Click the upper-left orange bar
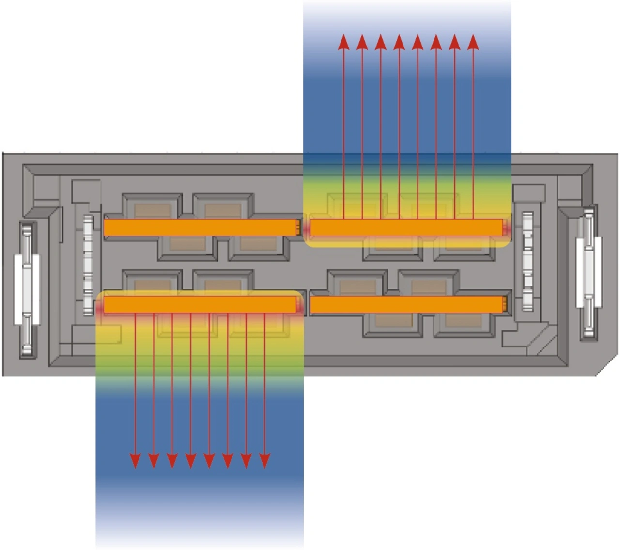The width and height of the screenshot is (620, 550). (200, 227)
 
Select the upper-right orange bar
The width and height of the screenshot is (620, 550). (406, 227)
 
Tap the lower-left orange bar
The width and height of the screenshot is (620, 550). (200, 305)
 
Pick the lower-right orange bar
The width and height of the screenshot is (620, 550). (406, 304)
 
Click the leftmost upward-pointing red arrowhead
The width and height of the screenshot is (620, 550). (343, 42)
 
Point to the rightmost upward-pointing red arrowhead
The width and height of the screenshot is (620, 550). (473, 42)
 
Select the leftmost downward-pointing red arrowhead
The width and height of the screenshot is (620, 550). (135, 460)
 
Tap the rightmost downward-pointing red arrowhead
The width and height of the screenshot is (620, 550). (264, 460)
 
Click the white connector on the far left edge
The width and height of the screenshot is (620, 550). (27, 290)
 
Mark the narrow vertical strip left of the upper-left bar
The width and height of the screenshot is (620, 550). (88, 265)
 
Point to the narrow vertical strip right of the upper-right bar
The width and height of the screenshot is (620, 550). (527, 262)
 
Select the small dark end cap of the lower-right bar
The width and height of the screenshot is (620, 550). (505, 304)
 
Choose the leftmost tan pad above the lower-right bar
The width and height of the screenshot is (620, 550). (358, 287)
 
